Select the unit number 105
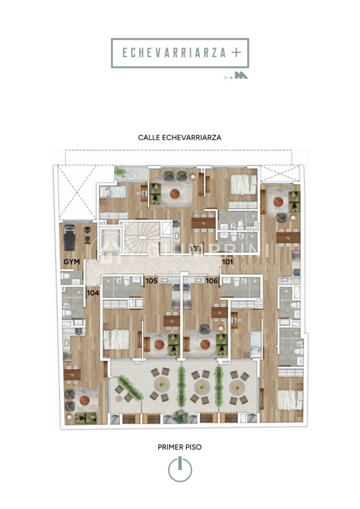click(151, 281)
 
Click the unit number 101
click(228, 262)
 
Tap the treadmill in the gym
click(70, 237)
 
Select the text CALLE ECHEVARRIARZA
click(179, 137)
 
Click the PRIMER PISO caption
click(179, 447)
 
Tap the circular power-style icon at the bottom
click(179, 469)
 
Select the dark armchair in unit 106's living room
click(204, 330)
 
